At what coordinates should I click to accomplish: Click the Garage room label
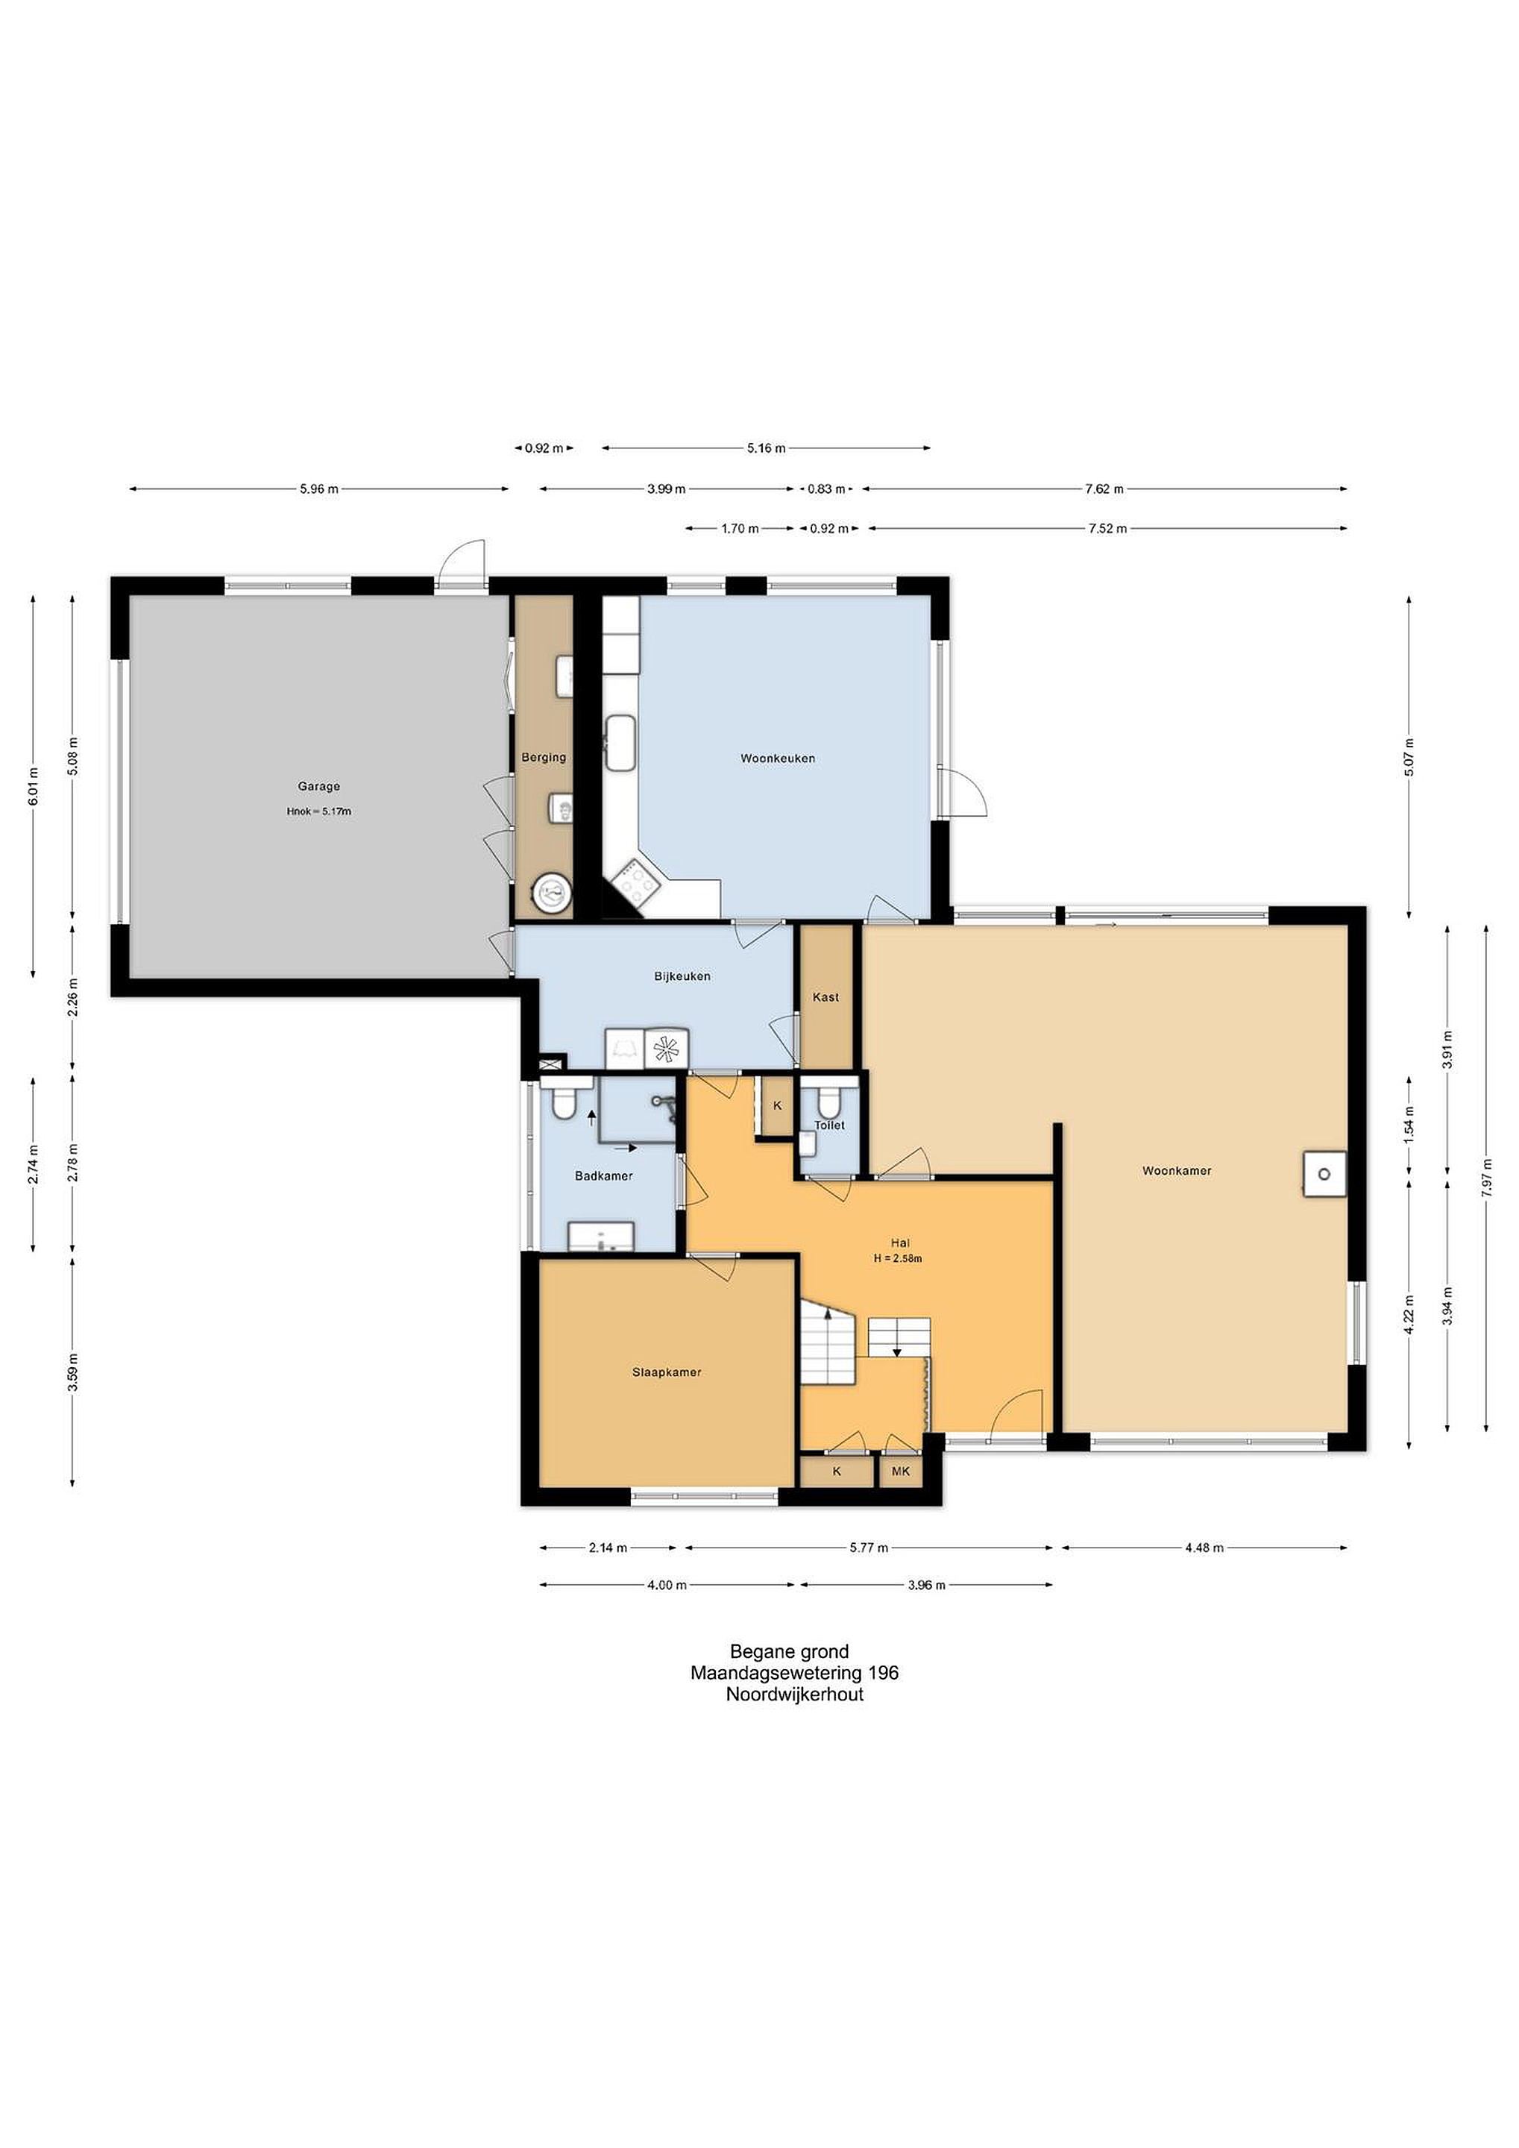click(x=319, y=787)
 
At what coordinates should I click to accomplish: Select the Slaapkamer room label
click(x=666, y=1372)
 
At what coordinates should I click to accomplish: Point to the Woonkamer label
click(x=1177, y=1170)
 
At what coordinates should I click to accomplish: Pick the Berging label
click(x=544, y=757)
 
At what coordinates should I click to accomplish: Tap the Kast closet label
click(x=826, y=997)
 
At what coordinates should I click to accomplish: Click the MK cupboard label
click(x=901, y=1472)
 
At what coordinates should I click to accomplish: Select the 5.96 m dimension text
click(x=319, y=489)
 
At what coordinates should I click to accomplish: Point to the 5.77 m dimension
click(x=869, y=1548)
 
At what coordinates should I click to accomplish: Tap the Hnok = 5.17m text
click(x=319, y=812)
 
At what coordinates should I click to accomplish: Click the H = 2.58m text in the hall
click(x=898, y=1258)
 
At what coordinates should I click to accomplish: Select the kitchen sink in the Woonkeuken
click(x=619, y=743)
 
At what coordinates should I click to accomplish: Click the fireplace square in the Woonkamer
click(x=1325, y=1174)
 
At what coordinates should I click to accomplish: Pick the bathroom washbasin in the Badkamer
click(x=600, y=1236)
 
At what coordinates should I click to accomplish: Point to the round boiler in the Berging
click(x=552, y=894)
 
